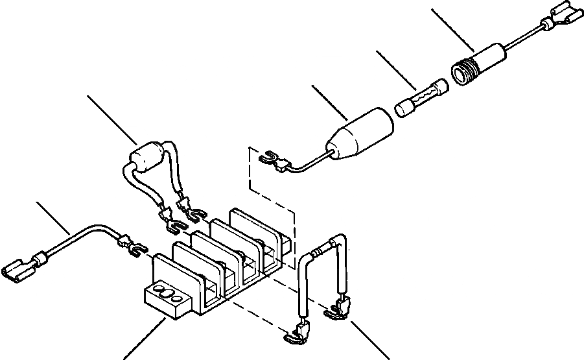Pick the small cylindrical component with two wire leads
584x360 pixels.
click(146, 160)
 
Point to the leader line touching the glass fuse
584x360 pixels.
click(396, 72)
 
